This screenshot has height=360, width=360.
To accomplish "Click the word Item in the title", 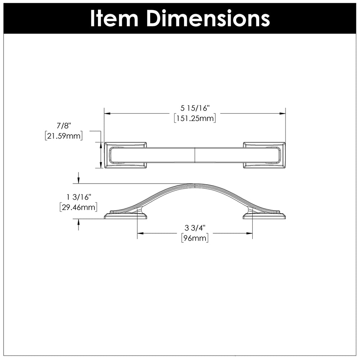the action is coord(114,18).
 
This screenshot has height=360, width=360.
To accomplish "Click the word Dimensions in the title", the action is coord(208,18).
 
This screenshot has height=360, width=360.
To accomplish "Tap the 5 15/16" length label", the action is coord(195,108).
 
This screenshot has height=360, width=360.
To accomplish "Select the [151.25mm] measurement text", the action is coord(195,118).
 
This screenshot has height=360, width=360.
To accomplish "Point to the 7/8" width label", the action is coord(64,126).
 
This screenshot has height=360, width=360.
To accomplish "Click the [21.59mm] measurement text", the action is coord(64,136).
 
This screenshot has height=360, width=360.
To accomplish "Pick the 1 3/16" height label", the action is coord(79,197).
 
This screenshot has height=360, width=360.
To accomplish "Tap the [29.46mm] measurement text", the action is coord(78,207).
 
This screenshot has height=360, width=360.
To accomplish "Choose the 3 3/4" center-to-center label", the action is coord(195,228).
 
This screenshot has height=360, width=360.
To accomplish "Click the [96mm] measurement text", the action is coord(195,238).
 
